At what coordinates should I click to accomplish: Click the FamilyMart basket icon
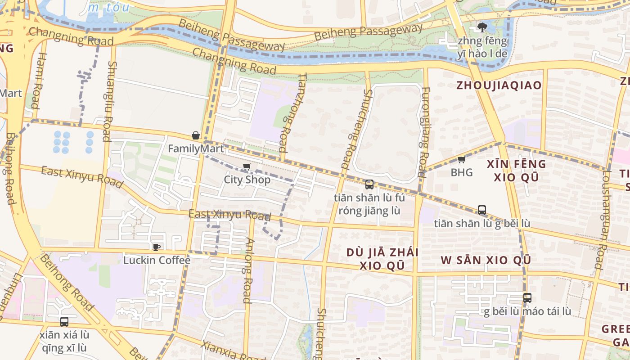pos(196,135)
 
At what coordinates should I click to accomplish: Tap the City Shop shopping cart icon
pos(247,167)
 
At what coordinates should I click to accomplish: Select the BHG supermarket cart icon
pos(461,159)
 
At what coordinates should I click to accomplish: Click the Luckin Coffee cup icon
pos(157,247)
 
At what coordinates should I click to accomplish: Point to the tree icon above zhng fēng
pos(482,27)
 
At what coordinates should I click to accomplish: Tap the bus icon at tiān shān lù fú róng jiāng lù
pos(369,184)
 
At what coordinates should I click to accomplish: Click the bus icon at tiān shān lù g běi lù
pos(482,210)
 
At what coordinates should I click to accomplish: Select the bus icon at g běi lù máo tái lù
pos(527,297)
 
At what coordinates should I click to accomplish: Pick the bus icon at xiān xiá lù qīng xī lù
pos(64,322)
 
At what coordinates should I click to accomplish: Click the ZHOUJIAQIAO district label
pos(499,85)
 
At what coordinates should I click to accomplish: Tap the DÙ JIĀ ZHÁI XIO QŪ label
pos(382,259)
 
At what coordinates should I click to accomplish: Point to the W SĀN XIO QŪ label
pos(486,260)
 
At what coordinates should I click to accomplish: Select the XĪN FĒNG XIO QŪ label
pos(517,171)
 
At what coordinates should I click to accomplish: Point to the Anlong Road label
pos(247,270)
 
